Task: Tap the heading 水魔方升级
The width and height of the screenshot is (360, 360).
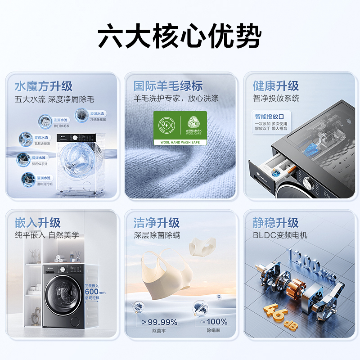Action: (44, 86)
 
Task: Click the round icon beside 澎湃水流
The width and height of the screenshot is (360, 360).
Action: (45, 120)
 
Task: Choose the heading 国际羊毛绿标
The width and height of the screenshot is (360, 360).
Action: (168, 86)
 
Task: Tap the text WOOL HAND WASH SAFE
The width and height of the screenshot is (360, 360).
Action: (180, 142)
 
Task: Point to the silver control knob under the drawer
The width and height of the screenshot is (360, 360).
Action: (308, 183)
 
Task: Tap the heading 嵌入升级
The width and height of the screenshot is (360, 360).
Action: (37, 222)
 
